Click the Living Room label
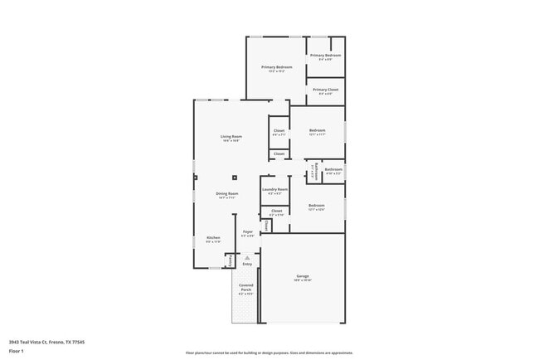231,136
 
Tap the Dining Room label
227,193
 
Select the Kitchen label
213,237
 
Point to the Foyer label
247,231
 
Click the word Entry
246,265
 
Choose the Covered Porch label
246,288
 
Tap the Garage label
303,275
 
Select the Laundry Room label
274,189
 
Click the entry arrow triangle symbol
246,258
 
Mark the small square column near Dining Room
235,177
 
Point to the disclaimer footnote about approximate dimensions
269,353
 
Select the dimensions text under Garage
303,280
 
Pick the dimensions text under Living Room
231,141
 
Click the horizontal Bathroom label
333,169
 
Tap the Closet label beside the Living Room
279,130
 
